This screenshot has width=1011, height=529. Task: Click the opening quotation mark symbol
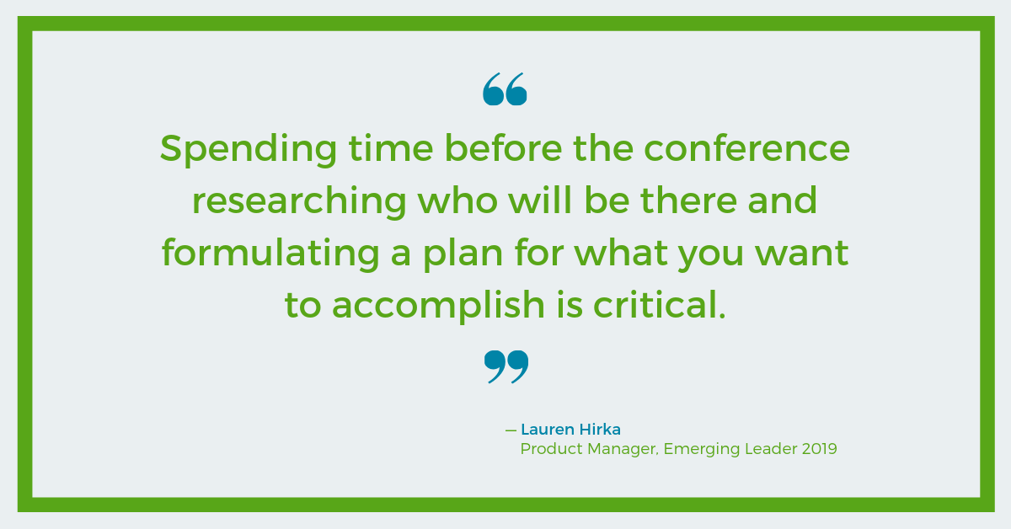click(x=505, y=89)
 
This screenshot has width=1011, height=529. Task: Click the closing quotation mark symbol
click(x=506, y=367)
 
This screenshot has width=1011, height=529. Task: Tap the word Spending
click(x=249, y=150)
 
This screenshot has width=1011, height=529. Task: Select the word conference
click(x=747, y=148)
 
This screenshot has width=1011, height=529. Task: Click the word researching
click(x=299, y=201)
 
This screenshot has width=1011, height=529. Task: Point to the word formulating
click(x=270, y=254)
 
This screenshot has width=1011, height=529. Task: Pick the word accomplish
click(x=438, y=306)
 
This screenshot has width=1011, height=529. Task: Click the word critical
click(x=660, y=304)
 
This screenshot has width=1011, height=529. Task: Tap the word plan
click(x=463, y=254)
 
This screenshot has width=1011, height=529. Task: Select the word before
click(x=503, y=148)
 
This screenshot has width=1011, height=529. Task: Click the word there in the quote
click(x=688, y=200)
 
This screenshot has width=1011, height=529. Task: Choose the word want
click(x=802, y=254)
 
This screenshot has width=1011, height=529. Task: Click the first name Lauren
click(x=548, y=430)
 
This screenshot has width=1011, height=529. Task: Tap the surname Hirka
click(x=600, y=430)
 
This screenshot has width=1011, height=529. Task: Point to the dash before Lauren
click(x=511, y=430)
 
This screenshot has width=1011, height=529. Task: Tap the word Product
click(x=552, y=449)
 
